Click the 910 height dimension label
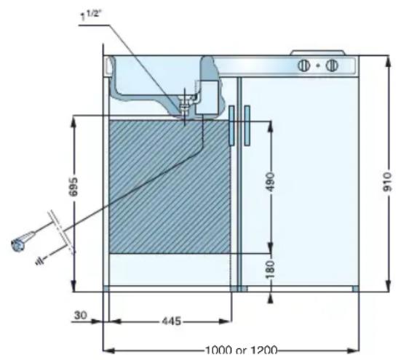pos(387,182)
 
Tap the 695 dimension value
pos(74,186)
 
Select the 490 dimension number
pos(271,182)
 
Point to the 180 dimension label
pos(271,270)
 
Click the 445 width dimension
pos(172,321)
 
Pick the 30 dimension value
pos(81,316)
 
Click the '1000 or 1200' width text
pos(241,350)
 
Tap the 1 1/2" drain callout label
pos(91,16)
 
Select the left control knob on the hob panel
pos(303,65)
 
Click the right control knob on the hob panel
pos(332,65)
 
